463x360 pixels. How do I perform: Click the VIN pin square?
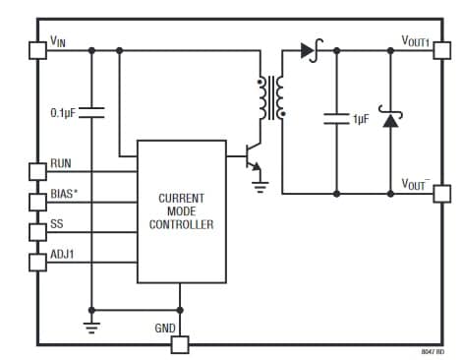click(38, 49)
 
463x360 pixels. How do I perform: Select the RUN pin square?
click(38, 171)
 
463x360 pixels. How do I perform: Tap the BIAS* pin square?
click(38, 203)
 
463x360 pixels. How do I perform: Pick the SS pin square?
click(38, 233)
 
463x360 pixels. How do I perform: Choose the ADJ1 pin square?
click(38, 263)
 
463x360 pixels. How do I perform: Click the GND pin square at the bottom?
click(179, 344)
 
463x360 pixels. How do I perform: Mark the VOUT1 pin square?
click(438, 49)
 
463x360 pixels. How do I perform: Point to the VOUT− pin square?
click(438, 193)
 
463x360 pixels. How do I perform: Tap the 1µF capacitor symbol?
click(336, 119)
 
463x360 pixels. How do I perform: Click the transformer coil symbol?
click(270, 96)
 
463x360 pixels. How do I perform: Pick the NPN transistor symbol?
click(251, 157)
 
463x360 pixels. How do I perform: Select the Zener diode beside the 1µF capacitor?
click(390, 120)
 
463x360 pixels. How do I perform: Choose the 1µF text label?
click(363, 119)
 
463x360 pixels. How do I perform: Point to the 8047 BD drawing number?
click(433, 351)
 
